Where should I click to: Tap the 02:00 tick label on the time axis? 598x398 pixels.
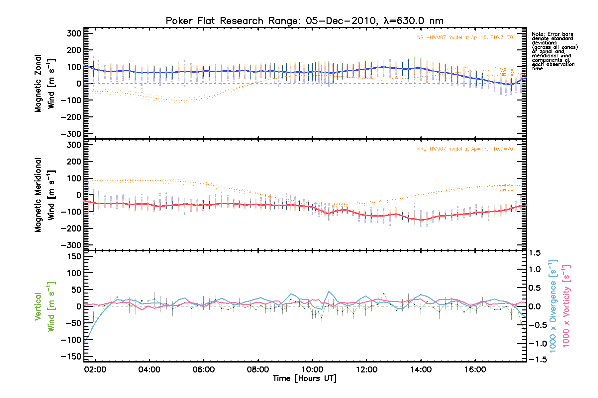point(95,369)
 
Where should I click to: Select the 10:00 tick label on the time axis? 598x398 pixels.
point(312,369)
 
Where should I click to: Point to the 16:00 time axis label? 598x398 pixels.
point(475,369)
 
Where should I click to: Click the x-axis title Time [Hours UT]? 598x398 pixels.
point(304,378)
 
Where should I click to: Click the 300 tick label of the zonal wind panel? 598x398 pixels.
point(74,33)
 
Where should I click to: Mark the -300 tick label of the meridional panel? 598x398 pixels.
point(71,245)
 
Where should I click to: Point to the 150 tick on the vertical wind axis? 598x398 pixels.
point(74,256)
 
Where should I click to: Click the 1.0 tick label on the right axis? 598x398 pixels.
point(534,269)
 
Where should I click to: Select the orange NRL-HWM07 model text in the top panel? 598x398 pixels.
point(465,37)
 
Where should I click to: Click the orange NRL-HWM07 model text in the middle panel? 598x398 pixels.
point(465,149)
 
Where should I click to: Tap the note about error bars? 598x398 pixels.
point(554,51)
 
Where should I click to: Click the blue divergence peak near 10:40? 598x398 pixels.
point(329,292)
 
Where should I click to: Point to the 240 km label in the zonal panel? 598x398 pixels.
point(506,70)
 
